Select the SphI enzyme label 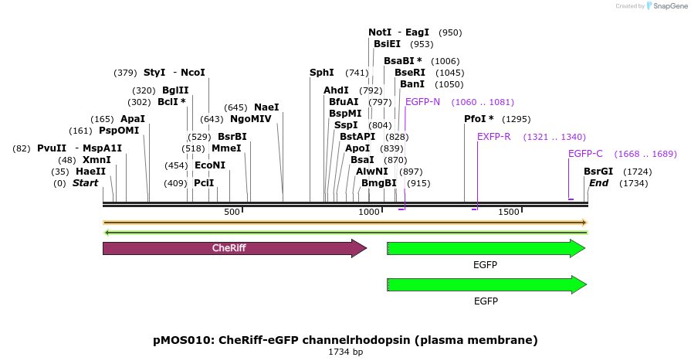[x=321, y=73]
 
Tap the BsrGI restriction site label [x=598, y=172]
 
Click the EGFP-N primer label [x=422, y=102]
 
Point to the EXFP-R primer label [x=494, y=137]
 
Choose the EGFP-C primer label [x=585, y=154]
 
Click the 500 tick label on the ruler [x=232, y=212]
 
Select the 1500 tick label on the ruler [x=508, y=212]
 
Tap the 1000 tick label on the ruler [x=370, y=212]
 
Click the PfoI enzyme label [x=479, y=119]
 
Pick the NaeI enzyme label [x=266, y=107]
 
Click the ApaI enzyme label [x=133, y=119]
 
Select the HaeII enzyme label [x=90, y=172]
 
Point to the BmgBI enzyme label [x=378, y=183]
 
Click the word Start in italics [x=85, y=183]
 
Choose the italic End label [x=598, y=183]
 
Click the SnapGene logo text [x=668, y=6]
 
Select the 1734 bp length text [x=345, y=352]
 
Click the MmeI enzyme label [x=226, y=148]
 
